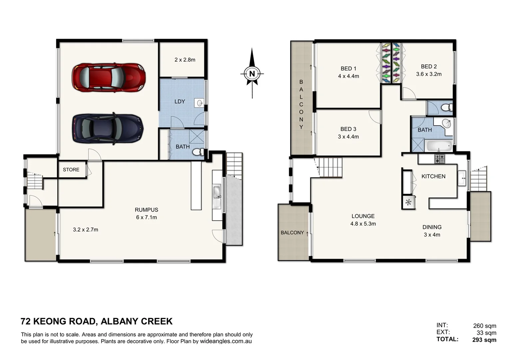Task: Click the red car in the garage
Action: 109,77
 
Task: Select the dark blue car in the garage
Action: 108,129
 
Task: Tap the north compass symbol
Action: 252,74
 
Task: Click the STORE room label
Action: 71,170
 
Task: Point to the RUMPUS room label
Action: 146,210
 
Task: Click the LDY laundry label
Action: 180,102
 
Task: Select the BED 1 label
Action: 348,69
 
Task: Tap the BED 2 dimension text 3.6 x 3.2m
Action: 428,74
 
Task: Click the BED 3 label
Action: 348,129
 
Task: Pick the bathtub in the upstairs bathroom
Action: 439,146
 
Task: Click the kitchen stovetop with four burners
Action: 439,159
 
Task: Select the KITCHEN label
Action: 433,176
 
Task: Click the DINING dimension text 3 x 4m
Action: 432,235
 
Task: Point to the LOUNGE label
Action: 363,216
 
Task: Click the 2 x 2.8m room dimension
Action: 185,60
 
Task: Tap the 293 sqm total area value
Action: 484,340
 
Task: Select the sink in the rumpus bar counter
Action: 217,193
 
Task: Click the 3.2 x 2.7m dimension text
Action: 85,230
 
